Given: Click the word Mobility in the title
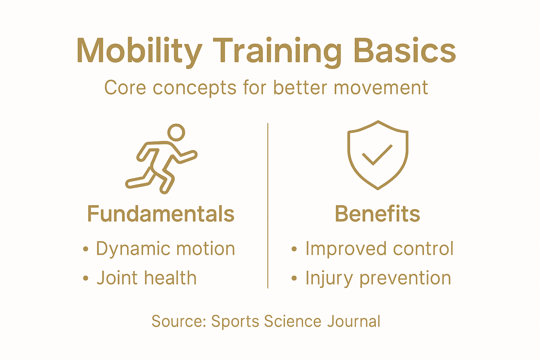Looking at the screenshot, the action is point(139,52).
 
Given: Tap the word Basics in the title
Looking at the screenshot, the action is point(405,51).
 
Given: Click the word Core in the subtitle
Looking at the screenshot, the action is point(125,88).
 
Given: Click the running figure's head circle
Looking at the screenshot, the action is point(176,133).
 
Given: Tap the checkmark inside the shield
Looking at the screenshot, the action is point(377,155).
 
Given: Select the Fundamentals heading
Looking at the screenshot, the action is point(161,214).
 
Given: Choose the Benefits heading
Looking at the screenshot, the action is point(378,214).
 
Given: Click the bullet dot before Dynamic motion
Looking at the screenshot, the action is point(85,249).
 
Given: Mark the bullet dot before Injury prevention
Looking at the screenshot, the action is point(294,278).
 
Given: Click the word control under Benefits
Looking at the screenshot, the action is point(423,248).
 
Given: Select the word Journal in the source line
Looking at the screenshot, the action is point(354,321).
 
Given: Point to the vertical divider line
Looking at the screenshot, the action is point(268,206).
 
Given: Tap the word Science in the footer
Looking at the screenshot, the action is point(292,321).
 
